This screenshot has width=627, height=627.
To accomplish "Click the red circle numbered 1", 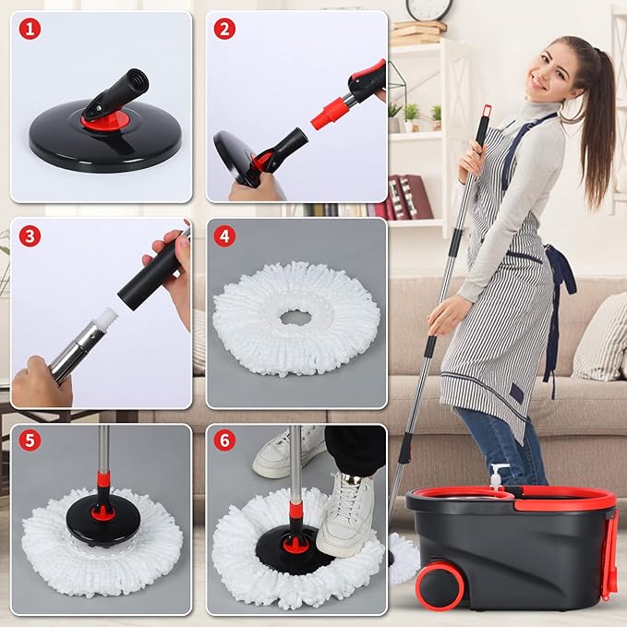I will [x=30, y=29].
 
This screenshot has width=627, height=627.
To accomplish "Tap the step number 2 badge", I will [x=224, y=29].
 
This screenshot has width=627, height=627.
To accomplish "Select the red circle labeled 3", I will [x=30, y=235].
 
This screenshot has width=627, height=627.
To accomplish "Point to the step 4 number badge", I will [x=224, y=235].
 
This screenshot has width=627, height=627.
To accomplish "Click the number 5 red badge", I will [x=30, y=440].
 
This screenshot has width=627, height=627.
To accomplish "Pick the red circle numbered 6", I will [x=224, y=440].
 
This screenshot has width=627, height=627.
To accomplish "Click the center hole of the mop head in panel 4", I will [x=296, y=318].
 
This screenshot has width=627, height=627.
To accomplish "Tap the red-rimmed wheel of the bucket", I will [x=440, y=585].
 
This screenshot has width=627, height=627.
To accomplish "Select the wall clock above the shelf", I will [x=428, y=9].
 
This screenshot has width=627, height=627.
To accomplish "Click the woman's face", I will [x=548, y=73].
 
